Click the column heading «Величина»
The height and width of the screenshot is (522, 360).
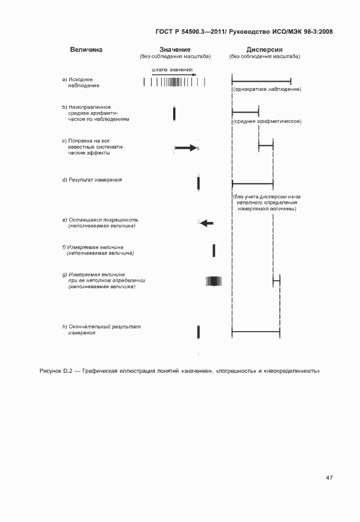pos(86,49)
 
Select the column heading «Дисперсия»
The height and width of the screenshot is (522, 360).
pos(265,49)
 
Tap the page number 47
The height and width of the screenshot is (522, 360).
pos(329,478)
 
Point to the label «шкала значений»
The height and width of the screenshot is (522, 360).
pos(172,69)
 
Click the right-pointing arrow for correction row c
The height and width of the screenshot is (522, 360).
pos(185,148)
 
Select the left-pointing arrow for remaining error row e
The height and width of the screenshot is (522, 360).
pos(207,223)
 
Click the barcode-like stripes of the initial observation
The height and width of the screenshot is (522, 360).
pos(172,82)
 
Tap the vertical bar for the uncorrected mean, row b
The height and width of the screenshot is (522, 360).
pos(174,113)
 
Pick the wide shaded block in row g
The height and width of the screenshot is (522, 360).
pos(213,281)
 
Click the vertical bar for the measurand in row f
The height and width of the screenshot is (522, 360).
pos(214,250)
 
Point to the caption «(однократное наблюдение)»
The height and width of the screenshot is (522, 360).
pos(267,89)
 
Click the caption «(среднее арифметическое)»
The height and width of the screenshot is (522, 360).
pos(267,121)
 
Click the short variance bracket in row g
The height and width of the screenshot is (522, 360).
pos(277,281)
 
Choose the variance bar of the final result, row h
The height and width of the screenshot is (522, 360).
pos(255,332)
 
